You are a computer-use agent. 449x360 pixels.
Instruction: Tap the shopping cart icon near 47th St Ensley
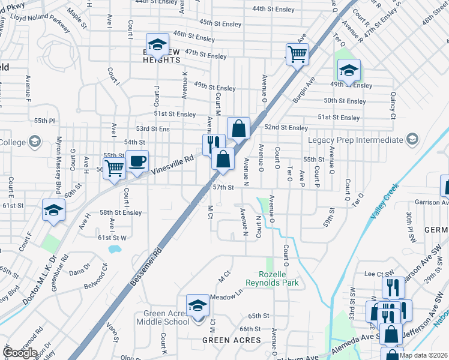point(297,55)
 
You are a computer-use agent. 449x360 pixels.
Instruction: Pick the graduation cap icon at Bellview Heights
point(158,44)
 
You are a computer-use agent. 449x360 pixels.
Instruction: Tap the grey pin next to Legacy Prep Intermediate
point(412,140)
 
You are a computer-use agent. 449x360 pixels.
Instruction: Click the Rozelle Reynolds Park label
point(272,278)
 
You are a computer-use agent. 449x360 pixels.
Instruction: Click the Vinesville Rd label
point(173,163)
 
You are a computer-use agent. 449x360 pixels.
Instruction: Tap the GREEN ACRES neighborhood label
point(231,340)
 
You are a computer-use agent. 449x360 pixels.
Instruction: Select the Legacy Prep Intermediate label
point(355,140)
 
